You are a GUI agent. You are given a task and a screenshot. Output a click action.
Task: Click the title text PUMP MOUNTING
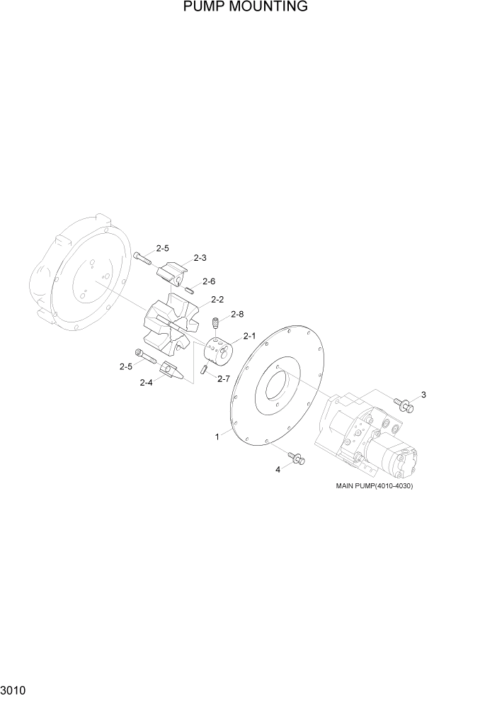pos(245,7)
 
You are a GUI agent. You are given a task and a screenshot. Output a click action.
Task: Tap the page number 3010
pos(14,690)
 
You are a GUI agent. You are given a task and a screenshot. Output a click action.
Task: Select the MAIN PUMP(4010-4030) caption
pos(374,486)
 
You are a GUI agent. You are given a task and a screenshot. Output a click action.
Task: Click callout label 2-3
pos(200,258)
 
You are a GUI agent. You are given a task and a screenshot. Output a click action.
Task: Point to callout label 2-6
pos(209,281)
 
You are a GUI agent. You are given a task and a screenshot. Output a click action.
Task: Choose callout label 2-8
pos(237,314)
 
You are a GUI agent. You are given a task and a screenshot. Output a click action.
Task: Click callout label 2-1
pos(248,336)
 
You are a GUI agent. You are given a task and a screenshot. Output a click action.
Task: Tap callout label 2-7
pos(224,378)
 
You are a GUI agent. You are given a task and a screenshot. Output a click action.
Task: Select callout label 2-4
pos(146,383)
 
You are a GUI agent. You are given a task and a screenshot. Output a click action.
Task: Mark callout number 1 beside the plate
pos(217,437)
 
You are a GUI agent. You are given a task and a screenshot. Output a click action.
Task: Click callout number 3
pos(423,395)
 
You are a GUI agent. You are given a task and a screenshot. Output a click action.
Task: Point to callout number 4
pos(278,469)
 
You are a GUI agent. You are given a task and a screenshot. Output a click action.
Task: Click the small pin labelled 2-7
pos(204,369)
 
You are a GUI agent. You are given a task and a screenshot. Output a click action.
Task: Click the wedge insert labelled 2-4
pos(172,371)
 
